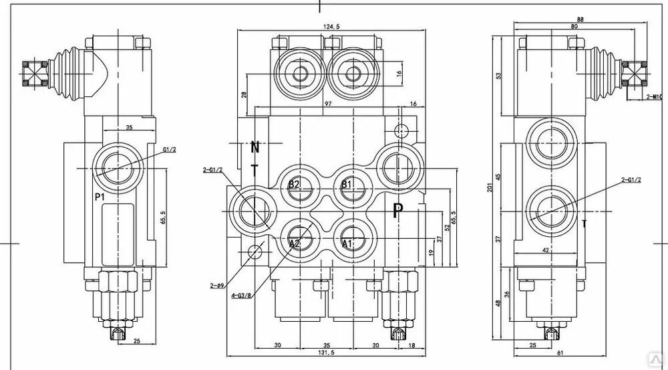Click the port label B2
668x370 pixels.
pos(295,184)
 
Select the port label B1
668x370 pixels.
pos(347,184)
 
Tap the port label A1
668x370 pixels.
pos(347,244)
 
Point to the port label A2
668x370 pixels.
pos(295,244)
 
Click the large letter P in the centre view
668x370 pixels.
pos(398,212)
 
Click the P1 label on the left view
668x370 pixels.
pos(100,197)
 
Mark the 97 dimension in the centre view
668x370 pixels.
pos(328,105)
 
